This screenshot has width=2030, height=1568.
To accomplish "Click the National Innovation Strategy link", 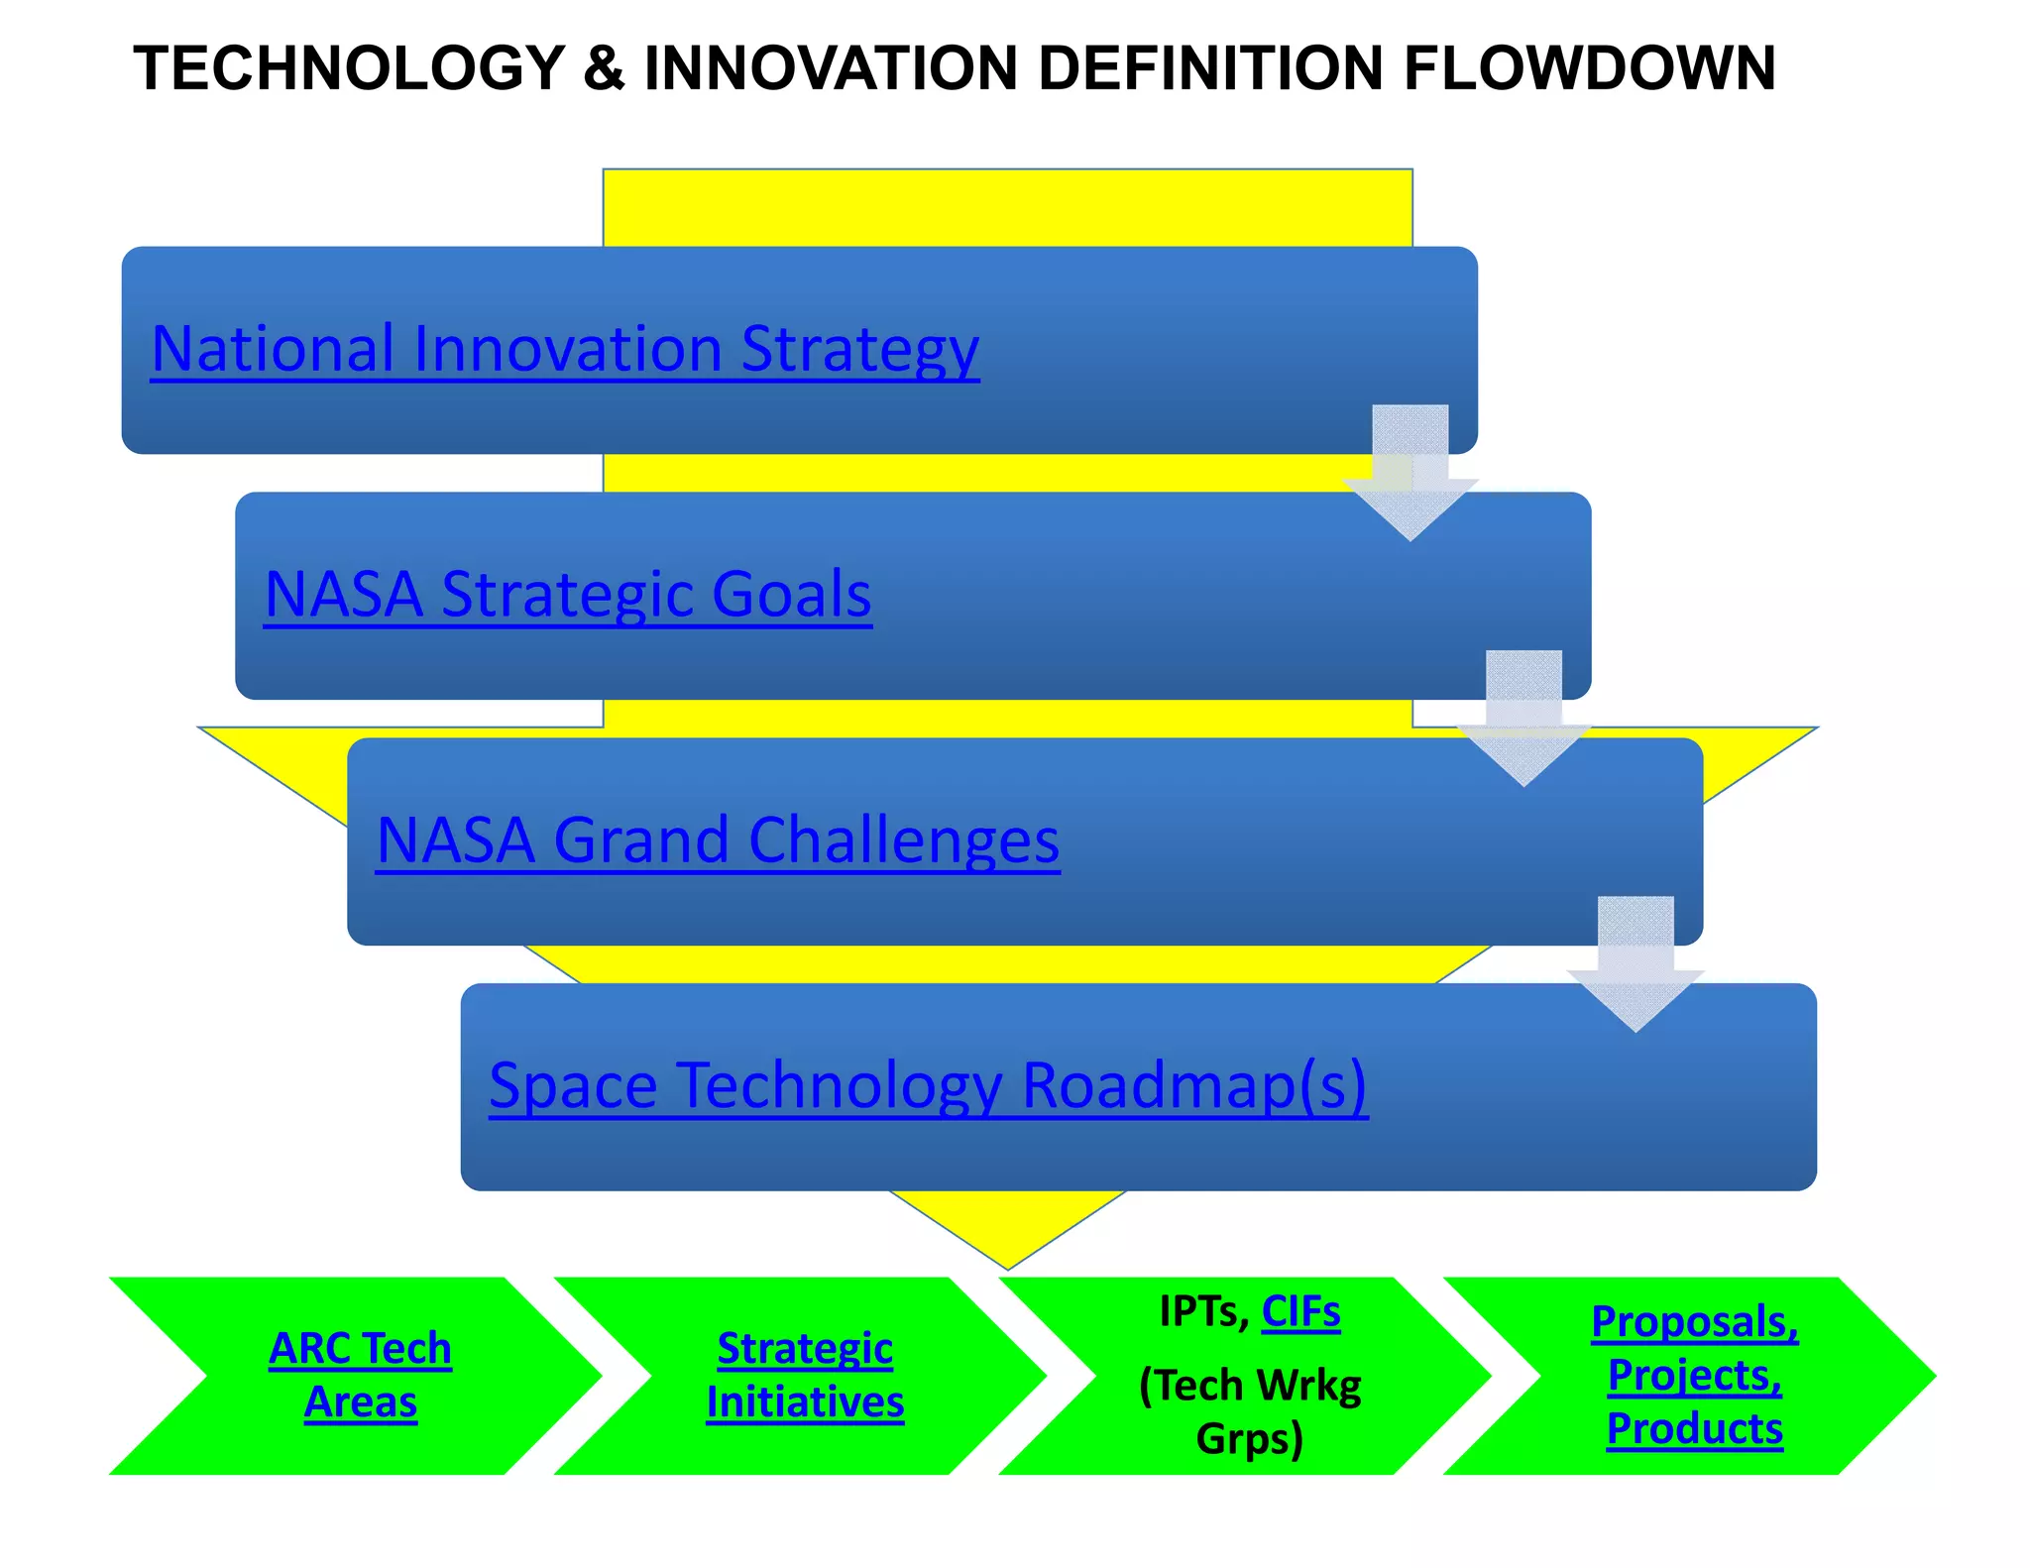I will coord(565,349).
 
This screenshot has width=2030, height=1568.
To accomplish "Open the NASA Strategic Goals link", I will coord(568,595).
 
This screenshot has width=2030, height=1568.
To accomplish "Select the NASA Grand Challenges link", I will coord(718,840).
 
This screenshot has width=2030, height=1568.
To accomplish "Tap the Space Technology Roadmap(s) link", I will coord(928,1085).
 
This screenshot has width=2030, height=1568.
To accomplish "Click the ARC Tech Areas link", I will coord(360,1375).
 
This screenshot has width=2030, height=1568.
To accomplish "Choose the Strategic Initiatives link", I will coord(805,1375).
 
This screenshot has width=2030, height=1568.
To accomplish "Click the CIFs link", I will coord(1300,1312).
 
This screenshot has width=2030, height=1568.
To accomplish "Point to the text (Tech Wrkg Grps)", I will coord(1250,1411).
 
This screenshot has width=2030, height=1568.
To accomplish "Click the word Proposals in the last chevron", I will coord(1693,1322).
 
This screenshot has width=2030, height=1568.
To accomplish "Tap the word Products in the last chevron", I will coord(1694,1429).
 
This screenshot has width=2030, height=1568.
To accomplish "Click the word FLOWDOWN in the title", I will coord(1589,68).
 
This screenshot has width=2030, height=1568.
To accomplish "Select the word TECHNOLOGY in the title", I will coord(349,68).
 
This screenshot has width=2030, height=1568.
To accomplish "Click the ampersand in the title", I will coord(604,68).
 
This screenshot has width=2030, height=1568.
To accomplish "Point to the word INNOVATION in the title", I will coord(831,68).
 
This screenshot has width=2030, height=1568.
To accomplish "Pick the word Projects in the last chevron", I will coord(1694,1376).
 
